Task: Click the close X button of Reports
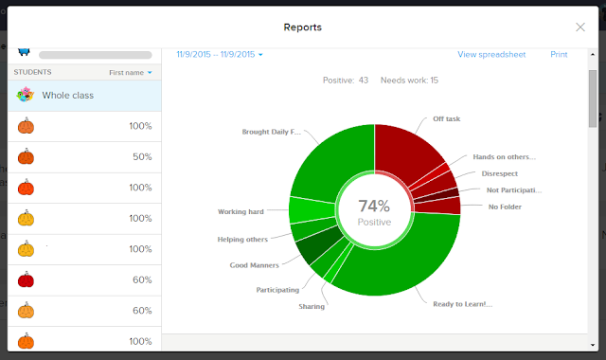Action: click(580, 27)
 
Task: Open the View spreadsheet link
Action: click(491, 55)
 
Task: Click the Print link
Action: click(559, 55)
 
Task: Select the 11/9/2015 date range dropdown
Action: click(220, 55)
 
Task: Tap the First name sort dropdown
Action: click(131, 73)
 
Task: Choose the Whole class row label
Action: click(68, 96)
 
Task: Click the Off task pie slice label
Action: click(446, 119)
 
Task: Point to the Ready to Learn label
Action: click(463, 304)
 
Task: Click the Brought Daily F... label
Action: click(272, 132)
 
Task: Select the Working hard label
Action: click(241, 212)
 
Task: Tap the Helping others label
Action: click(242, 240)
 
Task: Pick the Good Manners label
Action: click(255, 265)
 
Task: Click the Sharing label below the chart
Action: click(312, 307)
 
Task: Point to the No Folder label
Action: click(505, 207)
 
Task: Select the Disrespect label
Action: click(500, 173)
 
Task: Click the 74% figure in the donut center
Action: click(374, 206)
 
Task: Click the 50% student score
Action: click(142, 157)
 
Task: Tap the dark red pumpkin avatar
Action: click(26, 279)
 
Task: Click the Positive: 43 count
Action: click(346, 81)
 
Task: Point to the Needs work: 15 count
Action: click(409, 81)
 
